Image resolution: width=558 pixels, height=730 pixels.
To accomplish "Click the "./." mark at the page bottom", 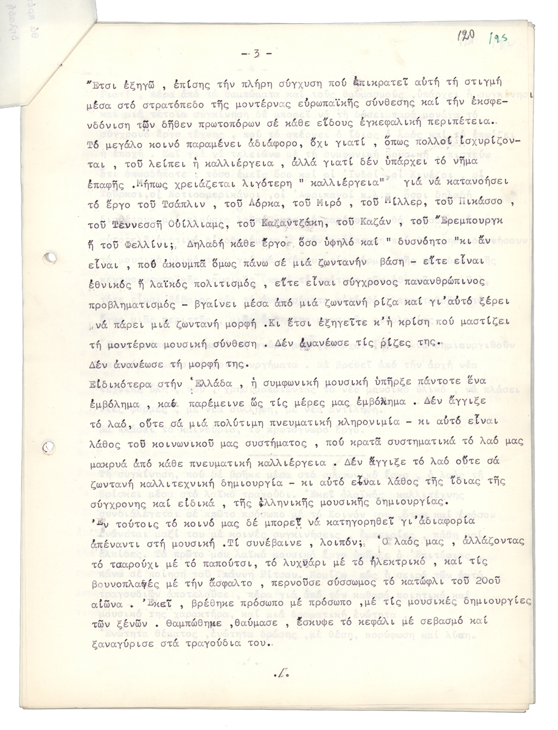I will pyautogui.click(x=282, y=673).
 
